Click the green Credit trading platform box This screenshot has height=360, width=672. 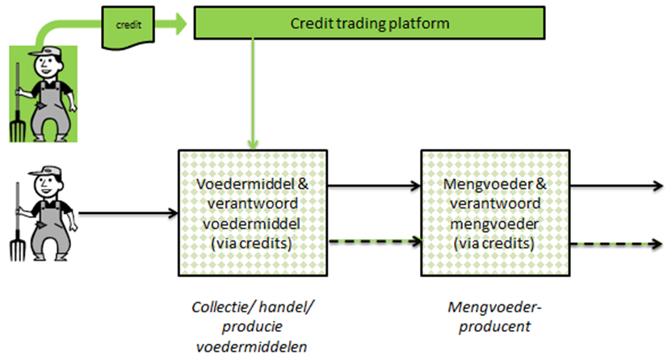point(369,23)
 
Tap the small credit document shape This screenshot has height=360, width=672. point(128,27)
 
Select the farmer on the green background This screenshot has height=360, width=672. point(44,94)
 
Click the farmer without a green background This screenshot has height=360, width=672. point(44,213)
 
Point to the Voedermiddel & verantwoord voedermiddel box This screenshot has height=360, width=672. point(253,213)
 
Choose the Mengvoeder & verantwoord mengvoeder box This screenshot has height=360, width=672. point(495,213)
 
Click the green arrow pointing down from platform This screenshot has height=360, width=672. point(253,94)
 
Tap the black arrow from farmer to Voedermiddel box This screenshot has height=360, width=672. point(128,213)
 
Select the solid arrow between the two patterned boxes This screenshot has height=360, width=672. point(374,186)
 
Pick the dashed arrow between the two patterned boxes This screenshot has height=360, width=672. point(375,241)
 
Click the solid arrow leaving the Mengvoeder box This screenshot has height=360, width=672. point(617,186)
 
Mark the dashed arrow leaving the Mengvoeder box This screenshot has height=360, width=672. point(617,244)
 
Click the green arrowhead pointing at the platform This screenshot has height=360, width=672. point(180,24)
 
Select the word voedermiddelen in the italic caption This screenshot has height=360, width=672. point(251,346)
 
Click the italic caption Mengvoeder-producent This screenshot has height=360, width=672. point(495,316)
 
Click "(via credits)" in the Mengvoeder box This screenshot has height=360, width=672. point(494,244)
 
